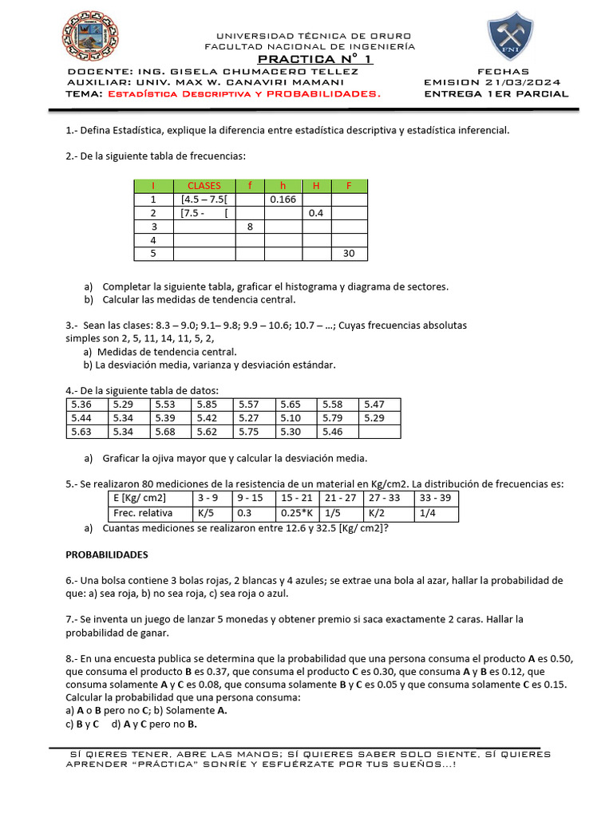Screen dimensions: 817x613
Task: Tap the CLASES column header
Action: pyautogui.click(x=204, y=186)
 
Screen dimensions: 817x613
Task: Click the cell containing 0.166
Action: pyautogui.click(x=283, y=199)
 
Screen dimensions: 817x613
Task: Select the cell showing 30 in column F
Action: pyautogui.click(x=348, y=254)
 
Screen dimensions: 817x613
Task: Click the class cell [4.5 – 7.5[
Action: pyautogui.click(x=205, y=199)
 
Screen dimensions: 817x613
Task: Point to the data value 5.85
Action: pyautogui.click(x=207, y=405)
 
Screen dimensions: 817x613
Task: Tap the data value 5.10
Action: pyautogui.click(x=291, y=418)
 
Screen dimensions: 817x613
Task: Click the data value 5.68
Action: pyautogui.click(x=165, y=432)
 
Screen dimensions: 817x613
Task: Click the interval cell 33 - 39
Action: pyautogui.click(x=436, y=499)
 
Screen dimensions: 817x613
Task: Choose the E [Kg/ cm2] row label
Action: pyautogui.click(x=140, y=499)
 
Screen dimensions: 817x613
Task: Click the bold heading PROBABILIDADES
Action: pyautogui.click(x=106, y=554)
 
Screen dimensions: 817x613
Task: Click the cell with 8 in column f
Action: pyautogui.click(x=249, y=227)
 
